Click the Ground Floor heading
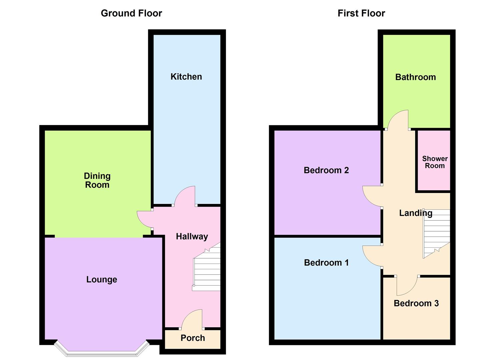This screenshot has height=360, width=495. pos(131,13)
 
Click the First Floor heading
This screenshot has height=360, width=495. pos(361,13)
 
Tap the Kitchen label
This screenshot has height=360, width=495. pos(186,77)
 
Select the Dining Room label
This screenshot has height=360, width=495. pos(97,180)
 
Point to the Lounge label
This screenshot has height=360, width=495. pos(102,279)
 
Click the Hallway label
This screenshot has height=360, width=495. pos(192,236)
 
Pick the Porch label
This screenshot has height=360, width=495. pos(193,338)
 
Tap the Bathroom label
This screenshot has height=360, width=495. pos(415,77)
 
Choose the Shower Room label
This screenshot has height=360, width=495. pos(435,162)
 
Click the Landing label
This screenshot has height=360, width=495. pos(416,213)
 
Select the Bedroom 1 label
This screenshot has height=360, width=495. pos(326,263)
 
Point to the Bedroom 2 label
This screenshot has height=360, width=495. pos(326,170)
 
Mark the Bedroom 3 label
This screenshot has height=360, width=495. pos(416,303)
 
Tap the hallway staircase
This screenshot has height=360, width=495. pos(207,270)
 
